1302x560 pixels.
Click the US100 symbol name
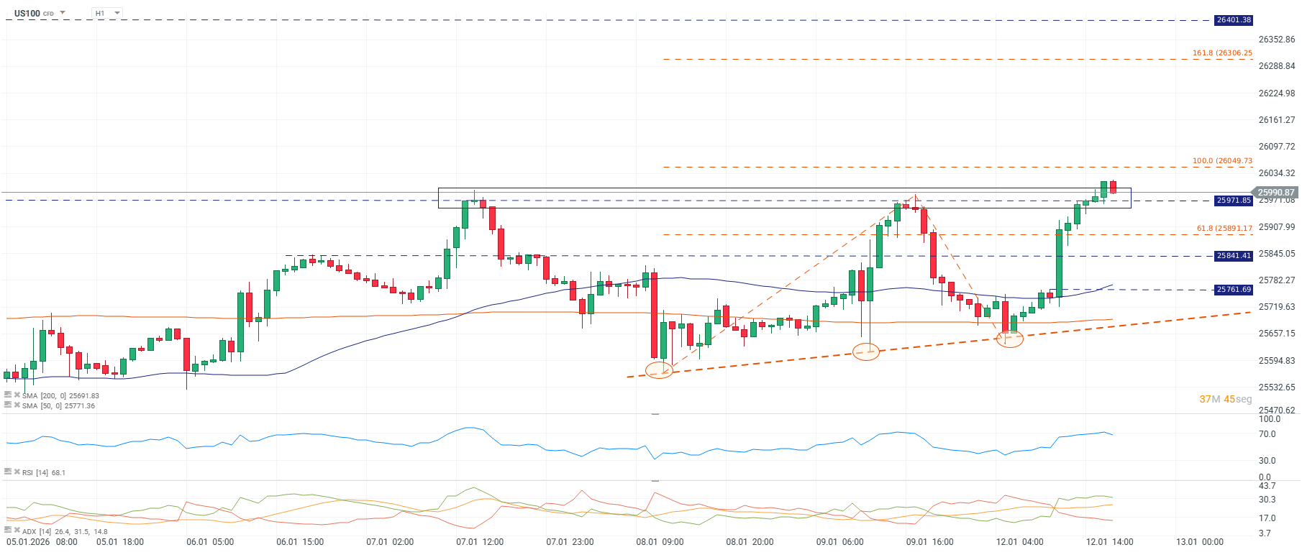coord(27,13)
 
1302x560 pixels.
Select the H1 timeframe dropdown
coord(106,13)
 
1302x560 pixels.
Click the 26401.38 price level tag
coord(1234,20)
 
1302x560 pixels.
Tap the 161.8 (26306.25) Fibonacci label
coord(1222,53)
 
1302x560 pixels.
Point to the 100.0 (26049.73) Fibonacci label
coord(1222,161)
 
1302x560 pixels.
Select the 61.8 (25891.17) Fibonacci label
coord(1224,229)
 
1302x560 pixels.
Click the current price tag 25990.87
coord(1275,192)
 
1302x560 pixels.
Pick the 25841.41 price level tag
coord(1234,256)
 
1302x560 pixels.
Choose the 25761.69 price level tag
coord(1234,290)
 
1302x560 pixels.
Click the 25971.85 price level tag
coord(1234,201)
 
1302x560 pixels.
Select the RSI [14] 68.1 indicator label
coord(43,472)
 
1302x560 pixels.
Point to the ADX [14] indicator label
coord(64,531)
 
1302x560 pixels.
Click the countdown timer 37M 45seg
coord(1225,399)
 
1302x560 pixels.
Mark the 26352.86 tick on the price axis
coord(1276,40)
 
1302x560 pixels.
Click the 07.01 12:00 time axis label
coord(480,542)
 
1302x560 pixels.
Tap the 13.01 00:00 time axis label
coord(1199,542)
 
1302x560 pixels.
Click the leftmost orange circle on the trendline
coord(659,370)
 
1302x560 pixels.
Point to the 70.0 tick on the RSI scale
coord(1267,434)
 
